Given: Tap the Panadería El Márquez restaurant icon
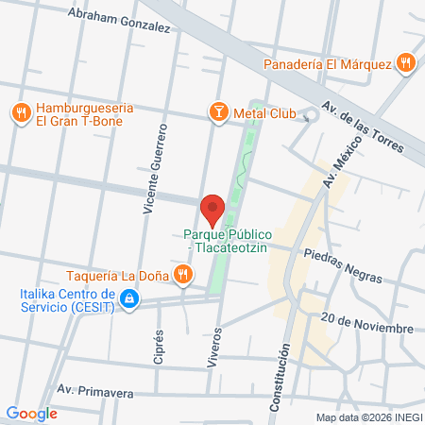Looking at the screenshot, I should coord(405,63).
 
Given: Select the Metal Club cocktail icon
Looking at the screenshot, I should coord(218,113).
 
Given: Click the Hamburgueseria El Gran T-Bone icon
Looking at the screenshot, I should coord(21,113).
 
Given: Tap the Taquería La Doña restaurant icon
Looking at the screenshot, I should coord(183,276).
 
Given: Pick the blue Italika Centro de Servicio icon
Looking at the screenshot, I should coord(130,300).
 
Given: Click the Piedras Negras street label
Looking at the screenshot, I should coord(343,265).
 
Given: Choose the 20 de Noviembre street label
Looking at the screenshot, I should coord(366,322).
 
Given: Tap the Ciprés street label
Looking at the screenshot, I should coord(160,349).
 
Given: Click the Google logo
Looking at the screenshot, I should coord(31,413).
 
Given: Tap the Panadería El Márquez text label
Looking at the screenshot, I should coord(327,64).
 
